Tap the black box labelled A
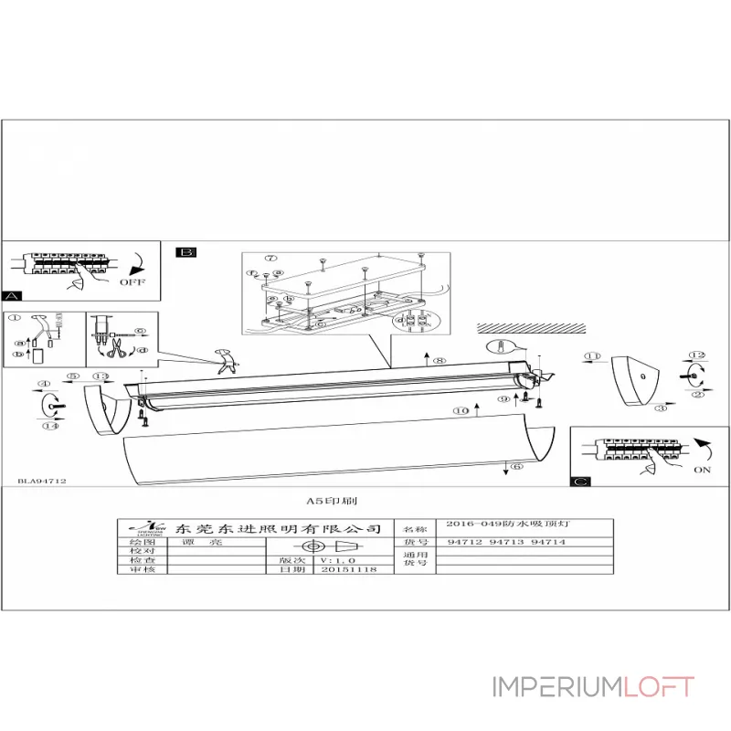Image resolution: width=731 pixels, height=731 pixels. coord(13,296)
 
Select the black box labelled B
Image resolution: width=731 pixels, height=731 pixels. coord(186,251)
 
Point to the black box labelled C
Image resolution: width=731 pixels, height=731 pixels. coord(579,482)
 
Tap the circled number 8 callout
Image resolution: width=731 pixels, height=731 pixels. coord(440,363)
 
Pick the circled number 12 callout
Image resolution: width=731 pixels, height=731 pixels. coord(698,355)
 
